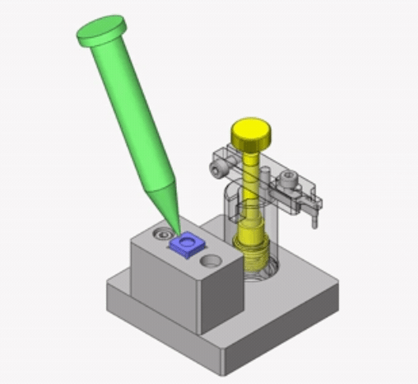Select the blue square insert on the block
click(188, 244)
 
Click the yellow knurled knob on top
click(249, 132)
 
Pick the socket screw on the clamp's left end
click(216, 168)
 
